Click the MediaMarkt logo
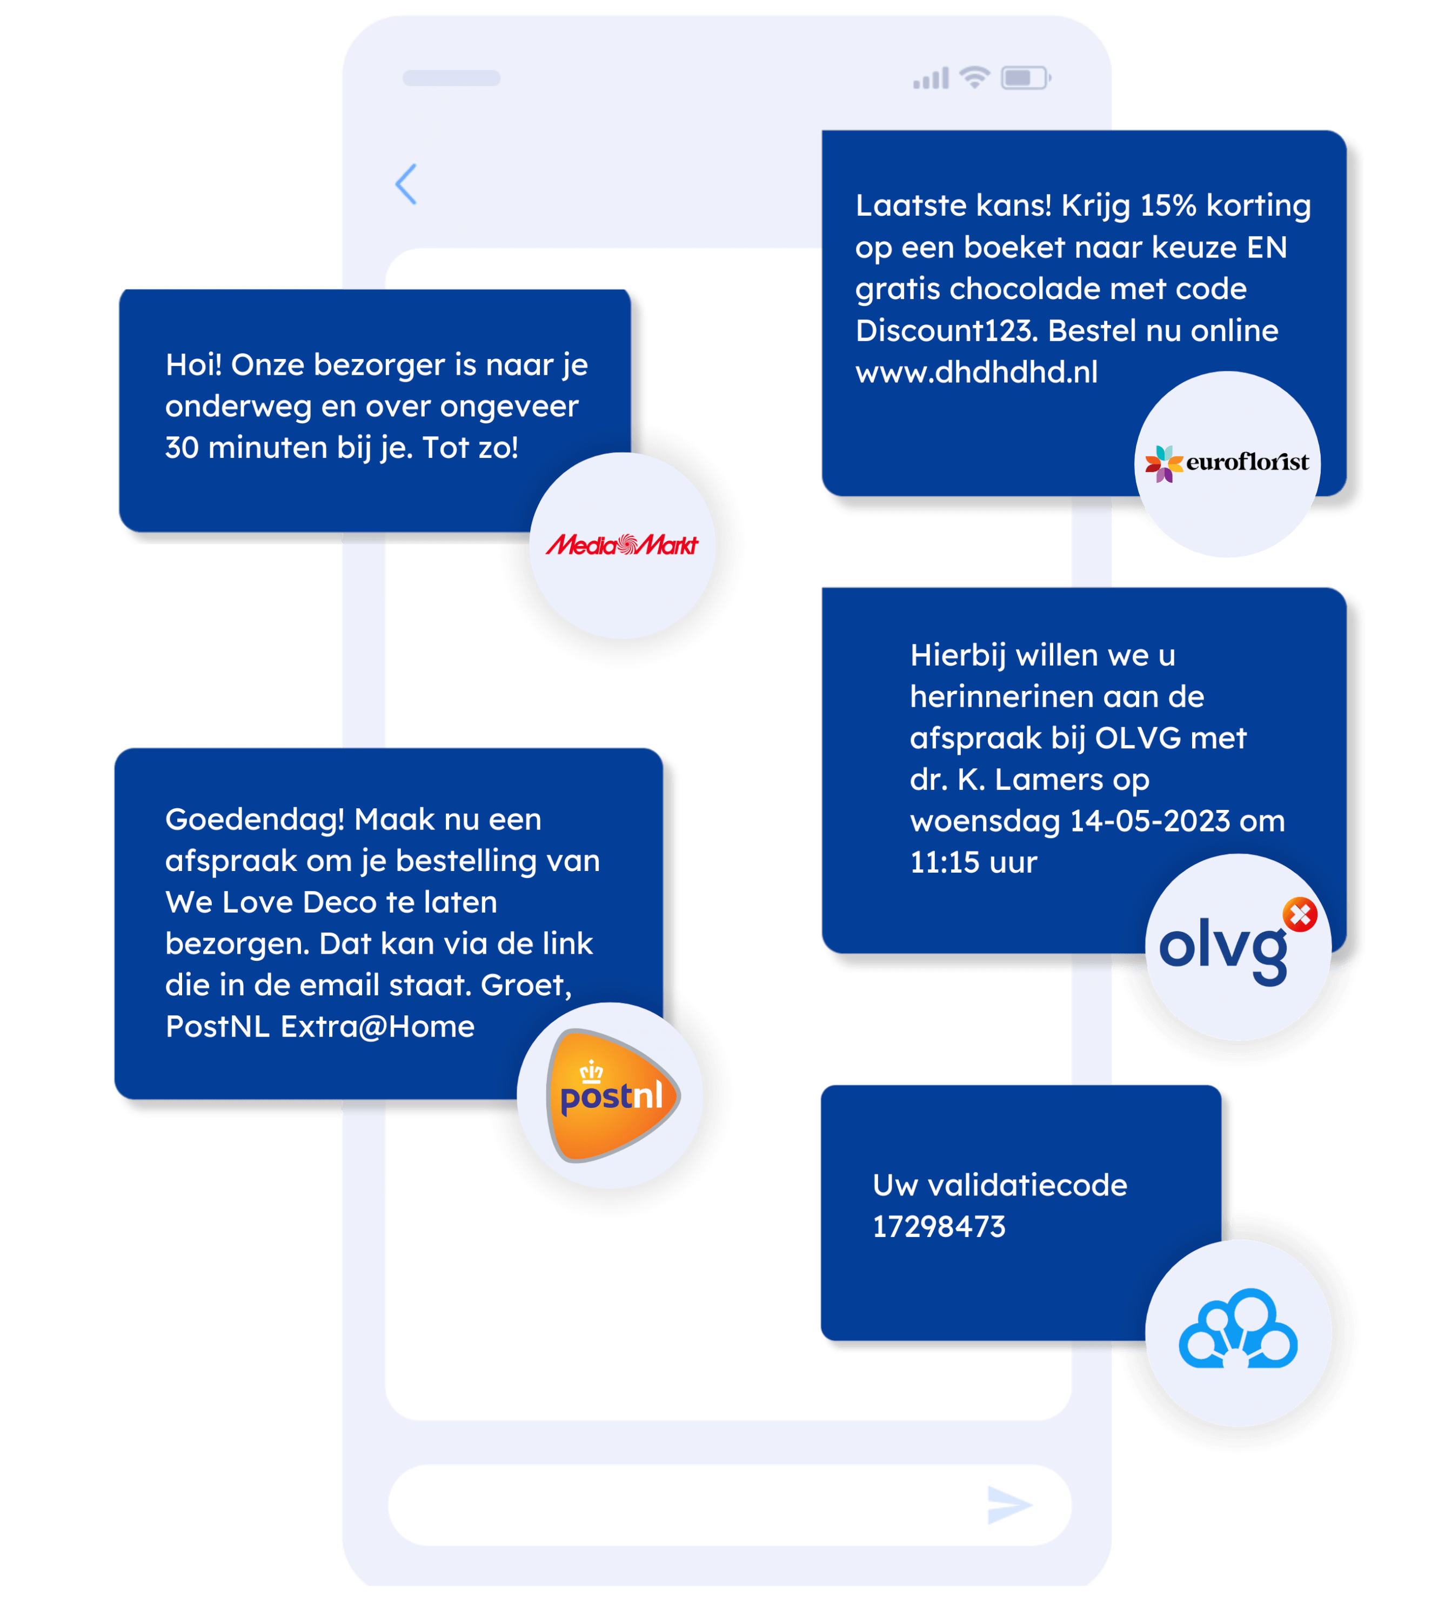click(622, 544)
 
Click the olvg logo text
click(1222, 948)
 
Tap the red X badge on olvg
click(1300, 914)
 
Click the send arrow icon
click(1009, 1505)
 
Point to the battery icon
click(1025, 78)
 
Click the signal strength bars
click(931, 78)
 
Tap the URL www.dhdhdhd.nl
click(976, 371)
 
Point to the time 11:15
click(945, 862)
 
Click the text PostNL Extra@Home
click(319, 1026)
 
